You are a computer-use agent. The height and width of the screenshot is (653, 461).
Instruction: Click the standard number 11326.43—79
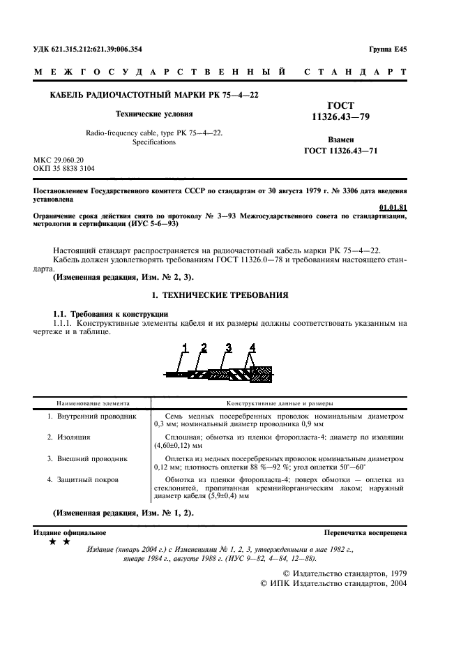340,119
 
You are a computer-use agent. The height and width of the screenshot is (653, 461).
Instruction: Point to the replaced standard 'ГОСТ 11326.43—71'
341,151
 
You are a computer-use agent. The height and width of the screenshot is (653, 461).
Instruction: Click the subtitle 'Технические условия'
153,113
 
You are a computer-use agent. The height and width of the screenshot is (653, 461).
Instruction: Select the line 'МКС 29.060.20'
59,160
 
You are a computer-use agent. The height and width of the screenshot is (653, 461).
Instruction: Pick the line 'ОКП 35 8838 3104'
65,169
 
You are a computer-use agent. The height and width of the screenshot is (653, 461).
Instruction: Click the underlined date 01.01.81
393,207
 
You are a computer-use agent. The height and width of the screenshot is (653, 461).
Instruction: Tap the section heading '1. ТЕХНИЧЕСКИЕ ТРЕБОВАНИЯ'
220,295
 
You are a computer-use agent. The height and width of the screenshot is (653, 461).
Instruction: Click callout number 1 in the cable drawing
186,347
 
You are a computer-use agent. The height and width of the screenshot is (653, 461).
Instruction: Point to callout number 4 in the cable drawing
252,347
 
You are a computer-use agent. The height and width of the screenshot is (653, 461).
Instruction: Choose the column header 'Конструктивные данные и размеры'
280,403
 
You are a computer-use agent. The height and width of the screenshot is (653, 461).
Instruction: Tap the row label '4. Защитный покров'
83,480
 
